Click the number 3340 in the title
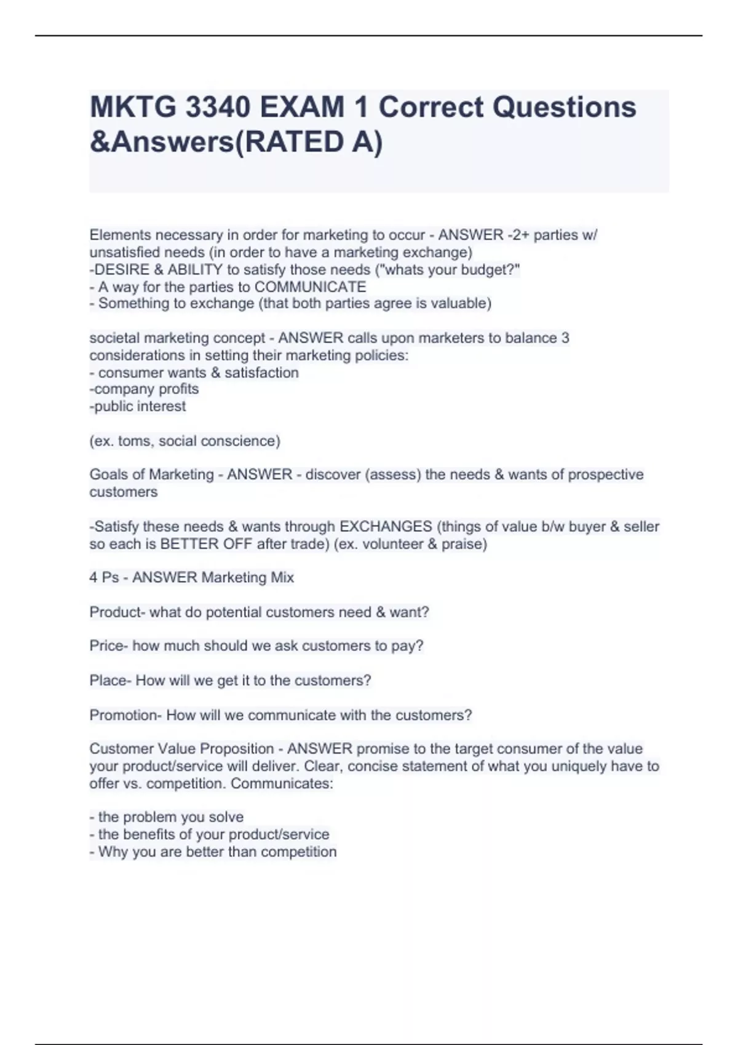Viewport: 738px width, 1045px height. click(x=216, y=108)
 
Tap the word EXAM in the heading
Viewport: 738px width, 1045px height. click(x=301, y=108)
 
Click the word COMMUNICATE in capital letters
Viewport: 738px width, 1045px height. click(x=310, y=287)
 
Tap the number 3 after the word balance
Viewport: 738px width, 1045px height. click(x=565, y=338)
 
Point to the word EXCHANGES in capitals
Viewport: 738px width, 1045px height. click(x=386, y=527)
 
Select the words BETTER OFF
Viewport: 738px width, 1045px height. click(x=206, y=544)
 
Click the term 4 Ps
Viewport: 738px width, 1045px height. click(x=104, y=578)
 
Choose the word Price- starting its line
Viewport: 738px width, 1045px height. click(x=109, y=646)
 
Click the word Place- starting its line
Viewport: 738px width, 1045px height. click(x=110, y=681)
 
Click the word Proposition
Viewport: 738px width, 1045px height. click(x=237, y=749)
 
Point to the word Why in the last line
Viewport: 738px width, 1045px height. click(x=112, y=852)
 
